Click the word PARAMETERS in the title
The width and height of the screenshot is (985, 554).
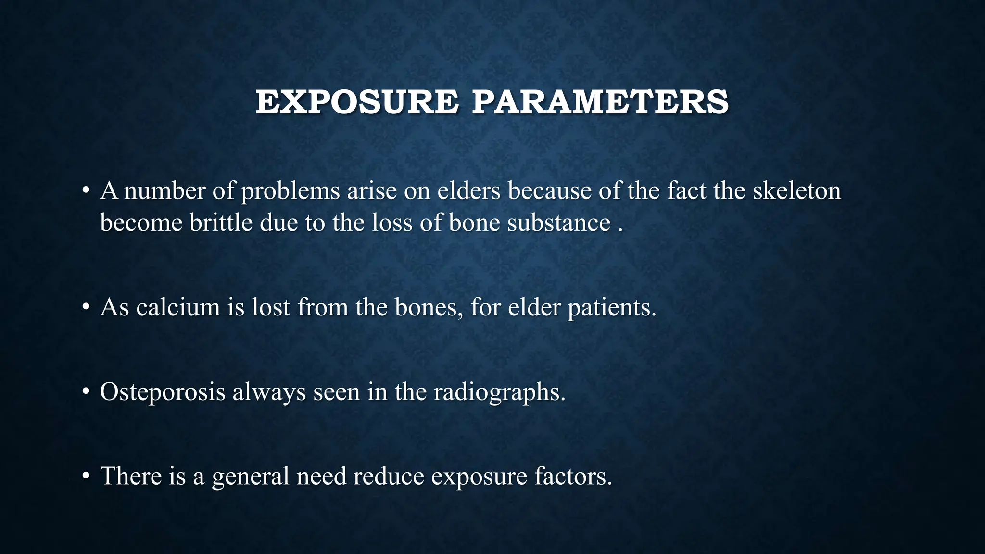pos(600,102)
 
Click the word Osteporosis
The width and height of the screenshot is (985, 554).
pos(163,392)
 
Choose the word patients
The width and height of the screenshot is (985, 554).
pos(612,307)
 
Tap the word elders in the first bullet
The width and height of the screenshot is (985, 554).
pos(469,191)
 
